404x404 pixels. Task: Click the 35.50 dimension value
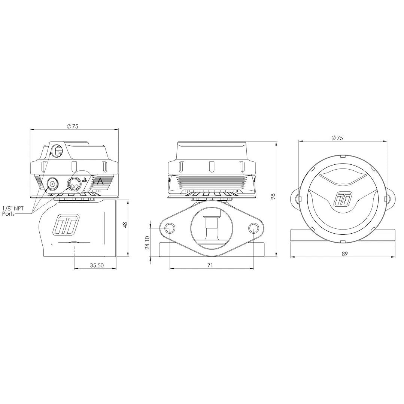coord(97,265)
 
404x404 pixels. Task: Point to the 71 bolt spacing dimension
coord(210,265)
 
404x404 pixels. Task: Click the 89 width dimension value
coord(345,254)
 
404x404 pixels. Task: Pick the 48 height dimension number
coord(125,225)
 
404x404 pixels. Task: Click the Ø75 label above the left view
coord(72,126)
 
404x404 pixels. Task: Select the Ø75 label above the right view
coord(337,138)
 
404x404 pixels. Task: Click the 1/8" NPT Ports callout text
coord(13,211)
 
